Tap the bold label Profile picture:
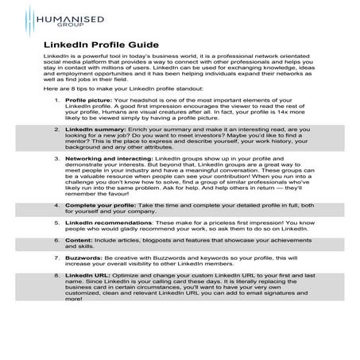tap(87, 124)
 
